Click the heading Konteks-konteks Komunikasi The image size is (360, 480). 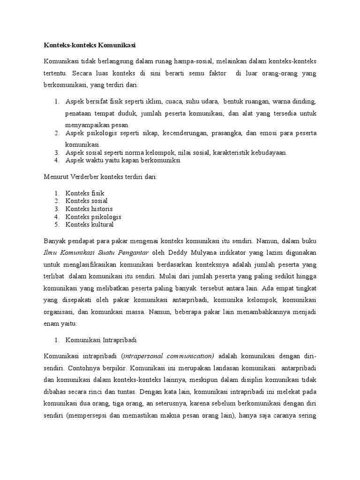click(x=90, y=45)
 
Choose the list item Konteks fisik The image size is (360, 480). click(x=85, y=193)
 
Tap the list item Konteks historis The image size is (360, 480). click(x=89, y=209)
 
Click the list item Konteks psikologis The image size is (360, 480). click(x=93, y=217)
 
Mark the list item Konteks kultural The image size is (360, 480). click(x=90, y=225)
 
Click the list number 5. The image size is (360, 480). click(x=56, y=225)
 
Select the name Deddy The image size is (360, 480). click(x=180, y=253)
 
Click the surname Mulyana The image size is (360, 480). click(x=209, y=253)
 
